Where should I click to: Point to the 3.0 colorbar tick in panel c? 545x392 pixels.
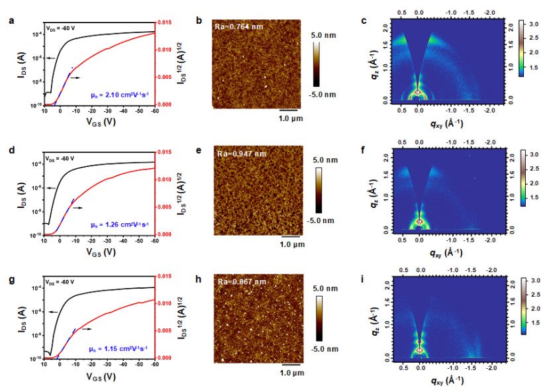[533, 23]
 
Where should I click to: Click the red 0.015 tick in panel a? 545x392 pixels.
[167, 23]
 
